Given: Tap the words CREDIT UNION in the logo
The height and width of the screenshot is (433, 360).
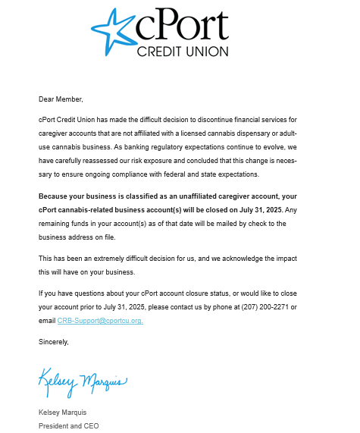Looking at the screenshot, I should (182, 52).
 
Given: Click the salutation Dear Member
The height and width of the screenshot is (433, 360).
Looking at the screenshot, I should (61, 99).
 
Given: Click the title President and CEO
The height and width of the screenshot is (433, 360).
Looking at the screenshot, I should (68, 425).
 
